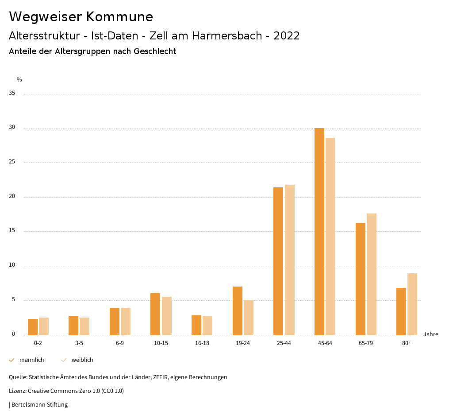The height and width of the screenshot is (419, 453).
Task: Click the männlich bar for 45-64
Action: (319, 231)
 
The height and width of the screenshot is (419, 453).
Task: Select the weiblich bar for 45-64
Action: (330, 236)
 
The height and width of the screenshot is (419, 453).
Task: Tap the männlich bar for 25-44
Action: (278, 261)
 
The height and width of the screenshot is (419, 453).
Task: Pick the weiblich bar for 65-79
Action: (372, 274)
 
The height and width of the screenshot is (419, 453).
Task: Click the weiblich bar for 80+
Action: (412, 304)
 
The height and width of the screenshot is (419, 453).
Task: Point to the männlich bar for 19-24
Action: (238, 310)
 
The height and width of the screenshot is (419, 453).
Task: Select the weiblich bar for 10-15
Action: (167, 316)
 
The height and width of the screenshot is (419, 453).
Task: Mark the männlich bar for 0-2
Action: (33, 327)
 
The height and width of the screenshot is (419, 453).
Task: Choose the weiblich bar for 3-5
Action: (84, 326)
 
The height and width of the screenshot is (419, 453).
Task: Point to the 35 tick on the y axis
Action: (12, 93)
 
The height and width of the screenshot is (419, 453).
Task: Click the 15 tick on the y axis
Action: (12, 231)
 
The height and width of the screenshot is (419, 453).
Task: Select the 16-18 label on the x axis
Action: (202, 343)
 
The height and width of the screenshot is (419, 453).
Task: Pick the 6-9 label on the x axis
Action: (120, 343)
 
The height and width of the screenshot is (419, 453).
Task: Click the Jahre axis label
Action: (431, 334)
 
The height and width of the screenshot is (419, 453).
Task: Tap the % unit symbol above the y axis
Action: (19, 80)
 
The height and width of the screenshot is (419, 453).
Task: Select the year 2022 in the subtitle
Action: (287, 36)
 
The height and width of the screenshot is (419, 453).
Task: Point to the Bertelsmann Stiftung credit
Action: (39, 405)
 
